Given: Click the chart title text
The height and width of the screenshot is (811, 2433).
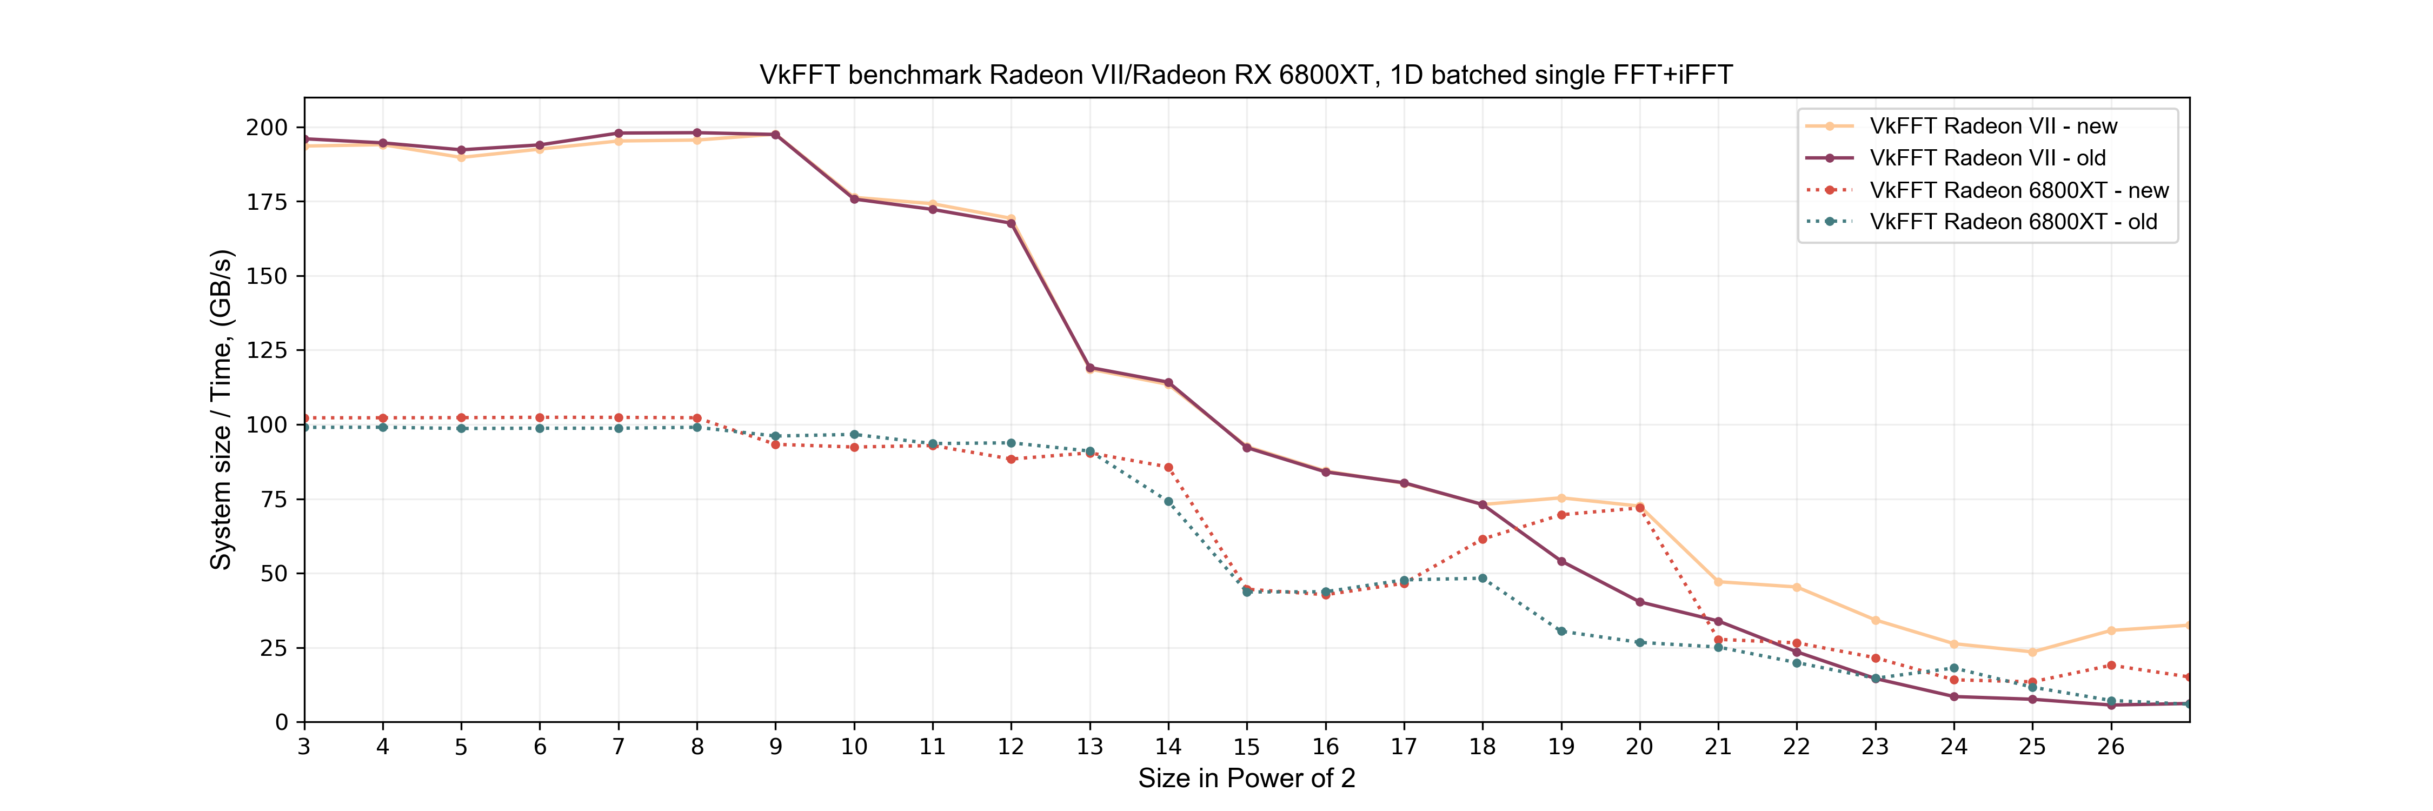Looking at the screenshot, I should [1246, 75].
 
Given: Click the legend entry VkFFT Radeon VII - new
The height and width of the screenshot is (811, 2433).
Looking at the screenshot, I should [1993, 127].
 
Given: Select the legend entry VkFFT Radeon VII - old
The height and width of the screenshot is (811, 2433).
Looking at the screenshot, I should [1987, 158].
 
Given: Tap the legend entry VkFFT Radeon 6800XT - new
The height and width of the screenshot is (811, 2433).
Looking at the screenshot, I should [2018, 190].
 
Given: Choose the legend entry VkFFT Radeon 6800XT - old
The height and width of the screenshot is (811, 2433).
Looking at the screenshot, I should [2013, 222].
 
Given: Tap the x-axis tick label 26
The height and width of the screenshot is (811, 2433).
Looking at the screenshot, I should [2110, 747].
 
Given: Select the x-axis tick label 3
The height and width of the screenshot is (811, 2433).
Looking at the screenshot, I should [304, 747].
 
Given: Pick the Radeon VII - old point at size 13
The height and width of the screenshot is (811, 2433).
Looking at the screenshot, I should [1090, 367].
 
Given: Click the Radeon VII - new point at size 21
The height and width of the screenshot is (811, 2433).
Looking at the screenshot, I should [1718, 582].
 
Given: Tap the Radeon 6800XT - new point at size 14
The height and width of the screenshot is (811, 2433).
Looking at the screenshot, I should [1168, 467].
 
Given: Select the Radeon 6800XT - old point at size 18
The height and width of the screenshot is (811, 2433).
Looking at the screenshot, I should [1482, 579].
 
